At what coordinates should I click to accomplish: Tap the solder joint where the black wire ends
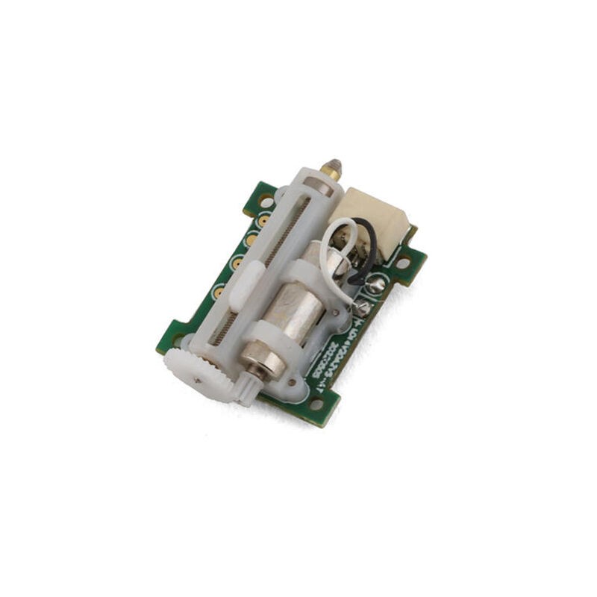coord(375,284)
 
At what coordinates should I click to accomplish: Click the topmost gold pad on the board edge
coord(263,221)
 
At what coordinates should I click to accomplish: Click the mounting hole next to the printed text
coord(317,404)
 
